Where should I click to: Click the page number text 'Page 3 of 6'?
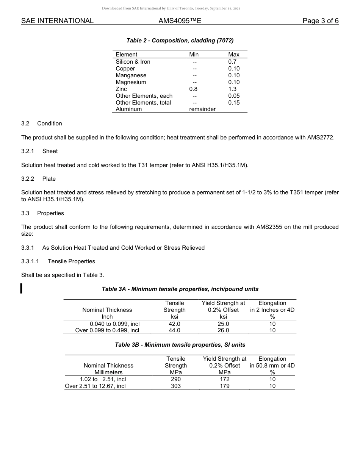320,21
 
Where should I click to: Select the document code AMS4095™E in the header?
180,21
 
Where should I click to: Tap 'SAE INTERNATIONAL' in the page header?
57,21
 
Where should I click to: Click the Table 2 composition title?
180,41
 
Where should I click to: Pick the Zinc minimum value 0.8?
193,89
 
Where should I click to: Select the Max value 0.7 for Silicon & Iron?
232,62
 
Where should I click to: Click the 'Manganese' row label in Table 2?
131,75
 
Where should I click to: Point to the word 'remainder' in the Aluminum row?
202,109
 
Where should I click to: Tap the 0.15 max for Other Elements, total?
234,103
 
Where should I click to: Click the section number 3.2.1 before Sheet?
28,151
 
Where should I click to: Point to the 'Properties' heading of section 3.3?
50,213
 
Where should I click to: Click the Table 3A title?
180,289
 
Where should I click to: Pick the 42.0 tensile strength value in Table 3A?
174,324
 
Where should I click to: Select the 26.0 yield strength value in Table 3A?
223,330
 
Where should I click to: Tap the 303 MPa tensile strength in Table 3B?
176,386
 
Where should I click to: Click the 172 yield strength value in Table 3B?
225,379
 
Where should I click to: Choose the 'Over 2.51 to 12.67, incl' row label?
95,386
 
